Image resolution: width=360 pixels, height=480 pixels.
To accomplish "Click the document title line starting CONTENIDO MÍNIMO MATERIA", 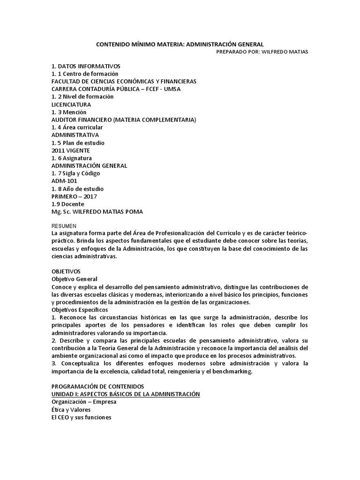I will [x=180, y=44].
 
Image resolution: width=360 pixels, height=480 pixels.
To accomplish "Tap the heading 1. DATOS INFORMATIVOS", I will [x=86, y=66].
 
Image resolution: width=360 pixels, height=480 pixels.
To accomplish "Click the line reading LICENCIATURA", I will [x=71, y=104].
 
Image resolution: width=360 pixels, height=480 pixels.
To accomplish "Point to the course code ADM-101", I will [x=64, y=181].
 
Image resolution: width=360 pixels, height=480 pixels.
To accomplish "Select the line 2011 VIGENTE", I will [x=70, y=150].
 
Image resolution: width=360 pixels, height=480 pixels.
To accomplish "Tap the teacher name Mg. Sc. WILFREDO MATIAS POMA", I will [x=97, y=211].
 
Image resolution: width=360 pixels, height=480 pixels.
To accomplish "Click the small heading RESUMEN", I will [x=64, y=226].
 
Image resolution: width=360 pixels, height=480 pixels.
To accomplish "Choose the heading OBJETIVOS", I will [x=66, y=271].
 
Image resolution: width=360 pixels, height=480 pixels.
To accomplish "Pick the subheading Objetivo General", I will [x=74, y=279].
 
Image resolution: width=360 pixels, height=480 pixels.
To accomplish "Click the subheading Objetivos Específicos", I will [x=80, y=310].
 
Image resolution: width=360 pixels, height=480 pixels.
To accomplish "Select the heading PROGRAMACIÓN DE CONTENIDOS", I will [x=97, y=386].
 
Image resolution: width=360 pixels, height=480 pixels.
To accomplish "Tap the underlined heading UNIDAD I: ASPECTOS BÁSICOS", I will [x=126, y=394].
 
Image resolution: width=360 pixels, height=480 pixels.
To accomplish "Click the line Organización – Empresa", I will [x=84, y=402].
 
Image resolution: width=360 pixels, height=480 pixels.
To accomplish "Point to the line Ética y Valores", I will [x=71, y=409].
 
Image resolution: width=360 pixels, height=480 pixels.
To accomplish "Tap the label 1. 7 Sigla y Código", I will [x=75, y=173].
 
